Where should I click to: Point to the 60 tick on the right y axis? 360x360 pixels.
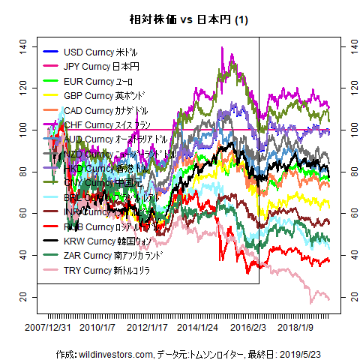(x=346, y=214)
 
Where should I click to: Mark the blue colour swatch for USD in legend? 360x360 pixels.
(x=50, y=52)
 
